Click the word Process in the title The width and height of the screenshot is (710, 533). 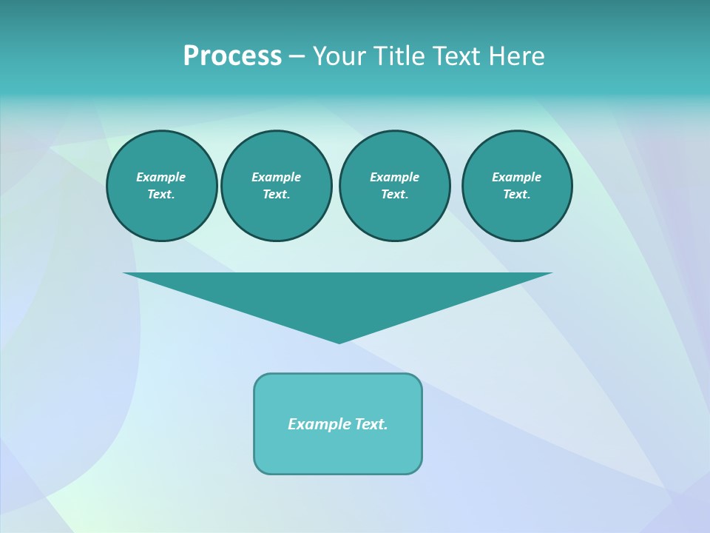click(232, 56)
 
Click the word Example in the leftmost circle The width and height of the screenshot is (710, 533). click(161, 177)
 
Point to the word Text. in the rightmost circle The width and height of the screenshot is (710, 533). click(516, 194)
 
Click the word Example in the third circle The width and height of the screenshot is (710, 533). click(394, 177)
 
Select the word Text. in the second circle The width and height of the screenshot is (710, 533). click(276, 194)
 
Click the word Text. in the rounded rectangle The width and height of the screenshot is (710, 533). click(371, 424)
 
